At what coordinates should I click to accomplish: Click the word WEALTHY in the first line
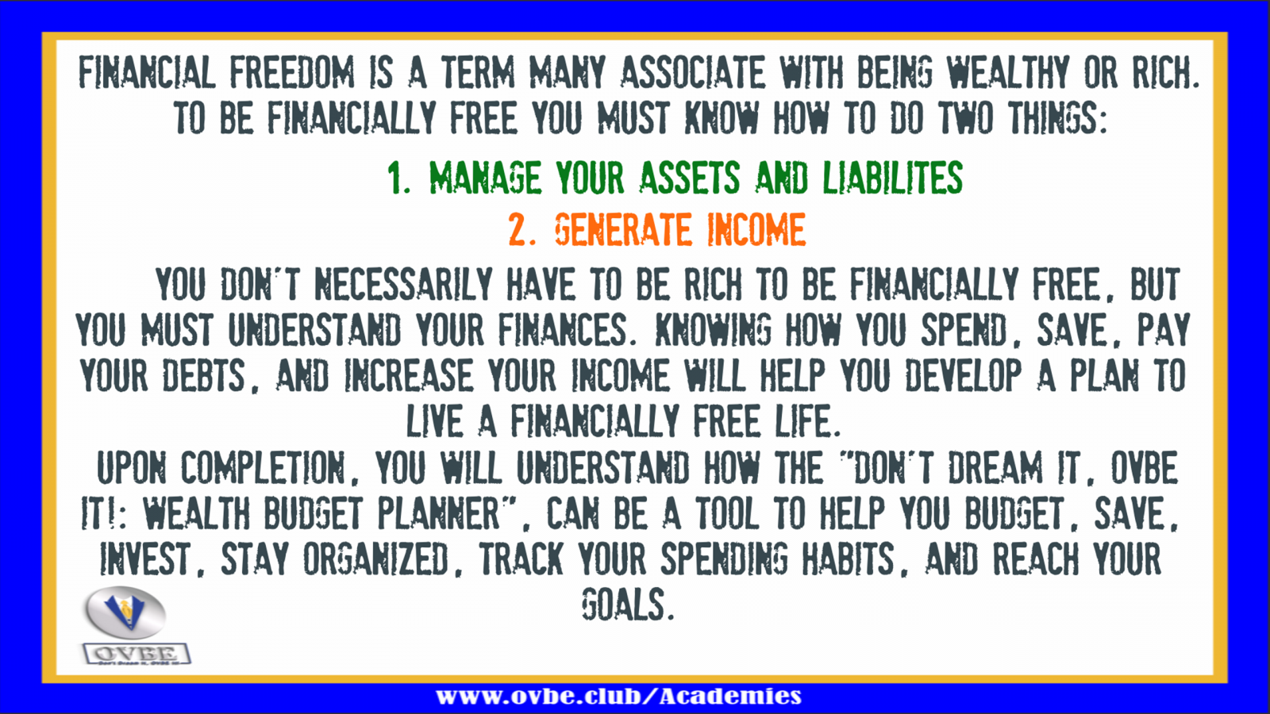click(x=1007, y=72)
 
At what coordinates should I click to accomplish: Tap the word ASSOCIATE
click(x=693, y=72)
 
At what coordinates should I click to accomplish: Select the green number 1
click(x=398, y=178)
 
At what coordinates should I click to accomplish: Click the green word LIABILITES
click(x=892, y=178)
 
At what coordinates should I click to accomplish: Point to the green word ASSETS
click(x=690, y=178)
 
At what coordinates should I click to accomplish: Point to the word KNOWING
click(x=713, y=329)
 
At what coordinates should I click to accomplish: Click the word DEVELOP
click(x=963, y=375)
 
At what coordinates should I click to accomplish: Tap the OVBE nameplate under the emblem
click(x=137, y=654)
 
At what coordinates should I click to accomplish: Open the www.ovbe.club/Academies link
click(x=618, y=696)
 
